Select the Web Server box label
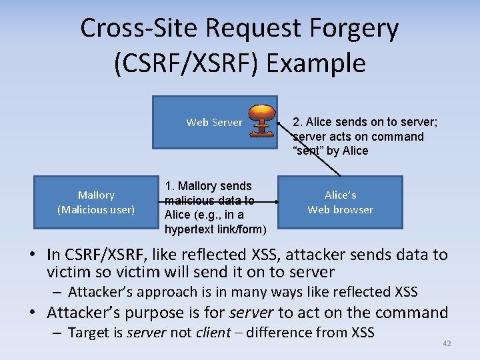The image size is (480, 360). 214,122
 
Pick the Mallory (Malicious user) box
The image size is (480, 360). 96,202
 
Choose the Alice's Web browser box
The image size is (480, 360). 340,202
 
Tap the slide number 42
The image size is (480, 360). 447,343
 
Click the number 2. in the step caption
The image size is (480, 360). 297,122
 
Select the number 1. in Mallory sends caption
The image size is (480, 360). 169,186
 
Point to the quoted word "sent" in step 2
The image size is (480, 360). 307,151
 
